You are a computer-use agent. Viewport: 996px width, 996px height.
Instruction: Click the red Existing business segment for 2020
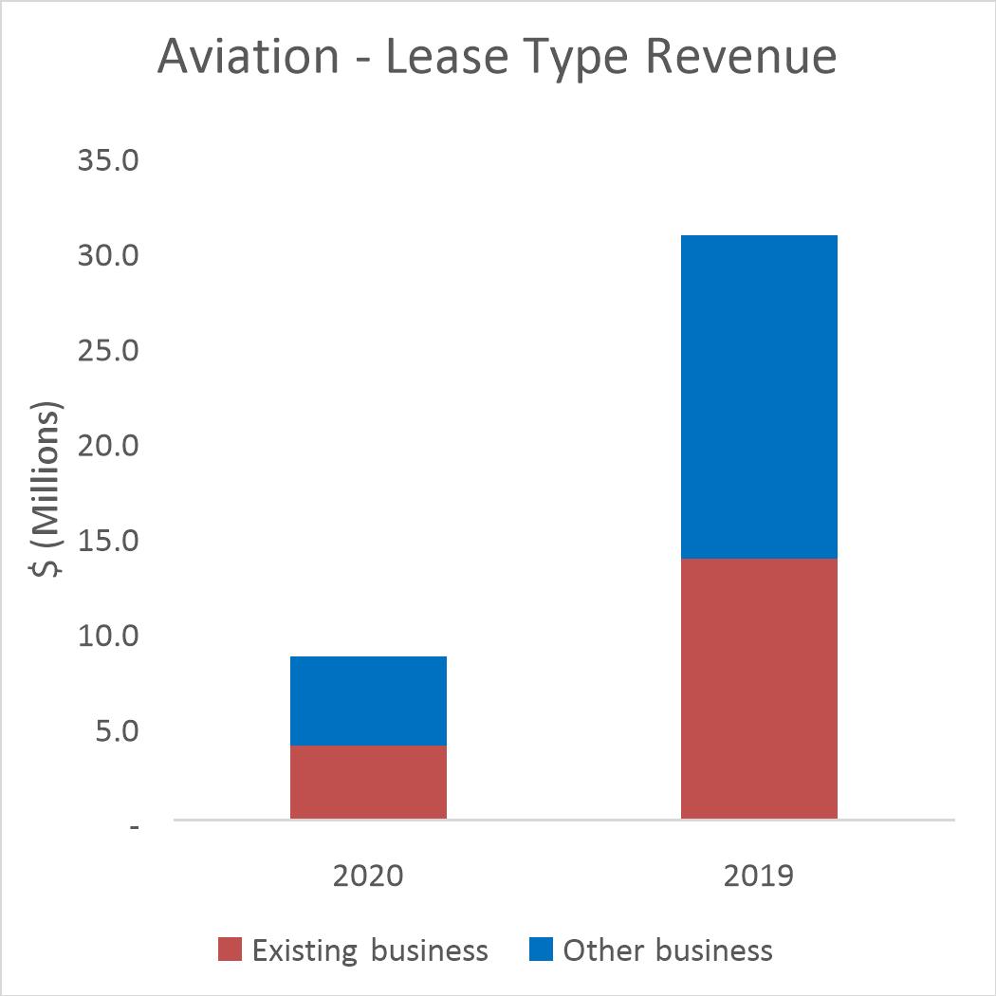click(368, 782)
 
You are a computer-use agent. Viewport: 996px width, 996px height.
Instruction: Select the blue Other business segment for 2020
click(368, 700)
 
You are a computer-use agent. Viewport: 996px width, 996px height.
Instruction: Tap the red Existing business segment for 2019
click(759, 688)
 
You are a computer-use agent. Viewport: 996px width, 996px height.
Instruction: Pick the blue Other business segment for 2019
click(759, 397)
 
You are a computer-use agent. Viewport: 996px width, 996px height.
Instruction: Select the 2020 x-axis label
click(368, 874)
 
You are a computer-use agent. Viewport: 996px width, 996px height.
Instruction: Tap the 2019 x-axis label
click(759, 874)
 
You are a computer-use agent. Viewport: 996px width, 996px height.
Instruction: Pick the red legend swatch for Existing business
click(231, 950)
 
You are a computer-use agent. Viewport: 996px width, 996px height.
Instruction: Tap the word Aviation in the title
click(248, 57)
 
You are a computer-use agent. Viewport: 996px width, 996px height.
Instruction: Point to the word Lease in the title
click(450, 57)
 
